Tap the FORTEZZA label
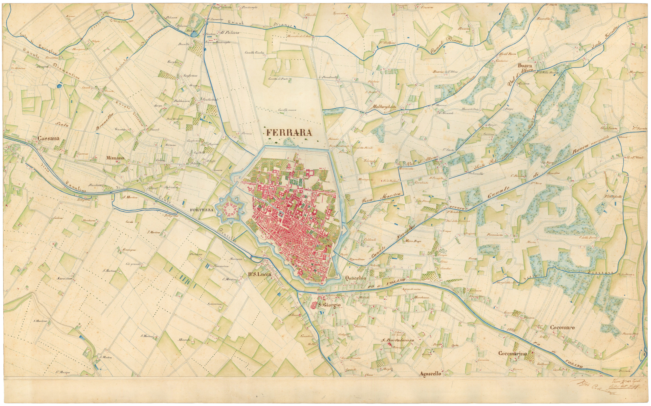[x=201, y=210]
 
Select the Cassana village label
[x=48, y=139]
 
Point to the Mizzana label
[x=115, y=158]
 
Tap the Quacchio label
[x=356, y=278]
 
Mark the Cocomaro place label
[x=562, y=328]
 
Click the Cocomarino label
[x=512, y=353]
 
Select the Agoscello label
[x=430, y=374]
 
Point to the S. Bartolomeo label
[x=398, y=340]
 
